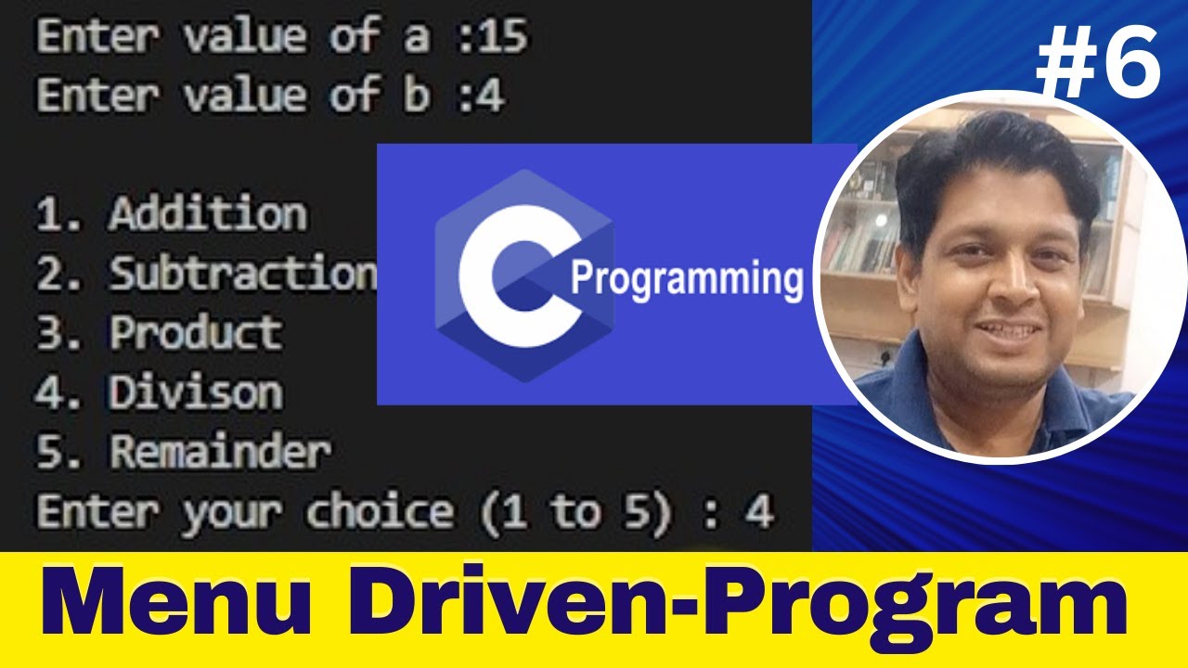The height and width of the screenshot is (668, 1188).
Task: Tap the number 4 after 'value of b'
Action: [492, 96]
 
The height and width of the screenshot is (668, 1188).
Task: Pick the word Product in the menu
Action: [196, 333]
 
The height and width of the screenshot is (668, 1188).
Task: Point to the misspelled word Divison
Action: [196, 392]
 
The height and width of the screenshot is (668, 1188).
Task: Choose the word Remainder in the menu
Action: [220, 452]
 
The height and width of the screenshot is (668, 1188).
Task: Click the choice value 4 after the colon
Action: [760, 512]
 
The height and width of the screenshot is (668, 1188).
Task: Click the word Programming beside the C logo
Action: [686, 277]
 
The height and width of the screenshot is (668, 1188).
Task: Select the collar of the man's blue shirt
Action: [937, 390]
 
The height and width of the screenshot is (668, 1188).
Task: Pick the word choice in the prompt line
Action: [381, 512]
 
